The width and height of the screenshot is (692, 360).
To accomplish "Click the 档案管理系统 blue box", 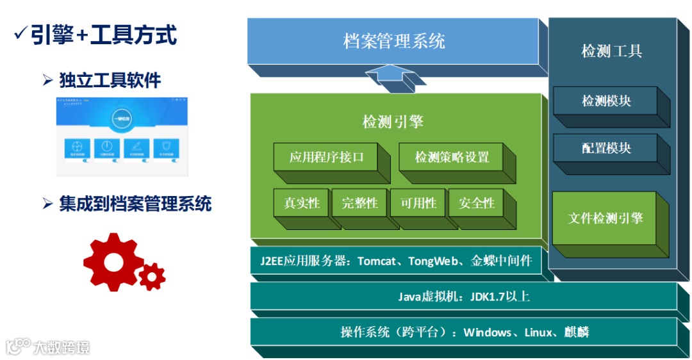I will click(393, 42).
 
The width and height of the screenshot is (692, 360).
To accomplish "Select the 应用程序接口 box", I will click(326, 157).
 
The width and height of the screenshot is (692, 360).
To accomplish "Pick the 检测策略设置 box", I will click(452, 157).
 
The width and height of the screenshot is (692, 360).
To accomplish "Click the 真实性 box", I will click(301, 203).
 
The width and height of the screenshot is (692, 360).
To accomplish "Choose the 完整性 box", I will click(359, 203).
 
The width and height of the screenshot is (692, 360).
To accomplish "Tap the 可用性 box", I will click(418, 203).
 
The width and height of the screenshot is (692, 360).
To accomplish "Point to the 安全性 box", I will click(476, 203).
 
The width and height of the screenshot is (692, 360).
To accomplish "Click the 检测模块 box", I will click(605, 101).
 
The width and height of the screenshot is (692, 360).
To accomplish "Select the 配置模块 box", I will click(605, 148).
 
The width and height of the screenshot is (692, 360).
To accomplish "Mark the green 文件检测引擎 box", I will click(605, 218).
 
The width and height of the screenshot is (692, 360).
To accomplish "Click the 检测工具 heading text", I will click(611, 51).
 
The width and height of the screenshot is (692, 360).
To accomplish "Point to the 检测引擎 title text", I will click(393, 122).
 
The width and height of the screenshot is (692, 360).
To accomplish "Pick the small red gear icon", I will click(152, 276).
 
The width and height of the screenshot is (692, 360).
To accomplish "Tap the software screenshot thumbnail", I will click(122, 136).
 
